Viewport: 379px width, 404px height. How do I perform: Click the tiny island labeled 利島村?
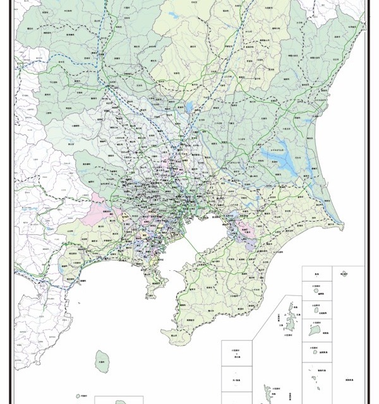tap(83, 396)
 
